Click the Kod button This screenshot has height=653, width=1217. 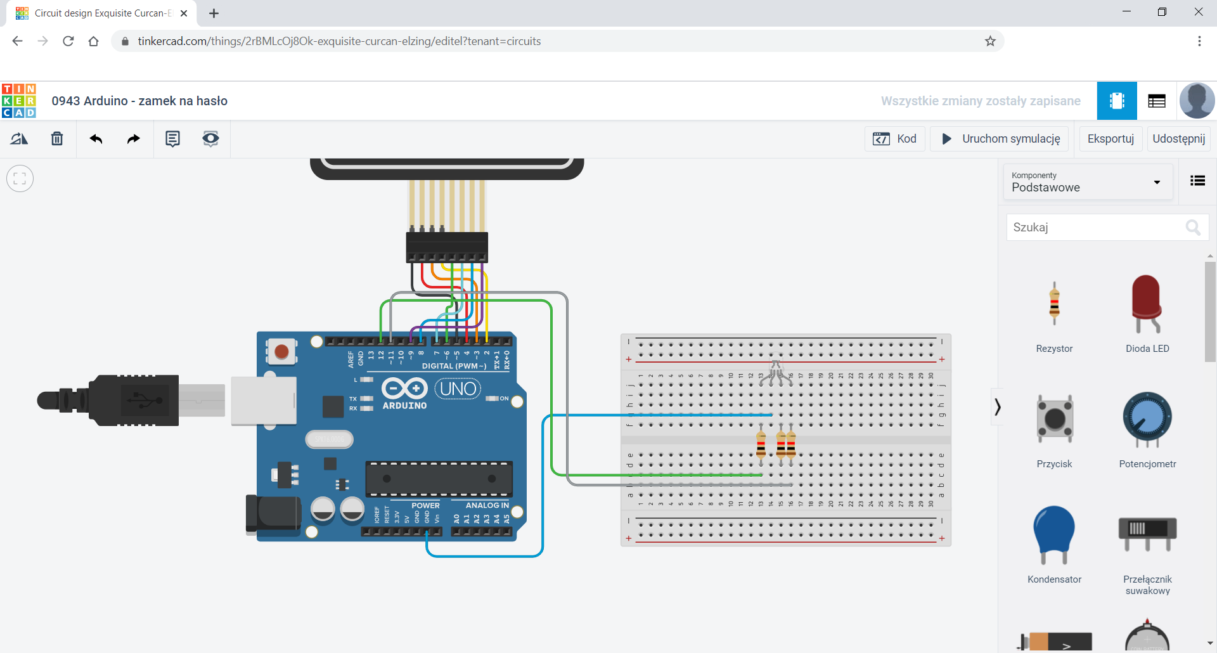click(894, 139)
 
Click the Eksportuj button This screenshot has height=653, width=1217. click(1110, 139)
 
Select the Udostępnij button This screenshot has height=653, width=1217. click(1178, 139)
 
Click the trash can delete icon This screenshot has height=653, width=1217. click(57, 139)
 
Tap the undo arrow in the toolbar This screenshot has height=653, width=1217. click(96, 139)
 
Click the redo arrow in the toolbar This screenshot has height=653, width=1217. click(133, 139)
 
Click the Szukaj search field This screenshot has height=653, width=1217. click(1097, 228)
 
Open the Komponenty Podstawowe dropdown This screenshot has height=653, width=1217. click(1086, 182)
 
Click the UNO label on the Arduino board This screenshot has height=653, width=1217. click(458, 389)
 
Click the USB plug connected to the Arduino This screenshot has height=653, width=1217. click(127, 400)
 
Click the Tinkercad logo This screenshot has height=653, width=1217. click(19, 101)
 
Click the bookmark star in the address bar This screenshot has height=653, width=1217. click(990, 41)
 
